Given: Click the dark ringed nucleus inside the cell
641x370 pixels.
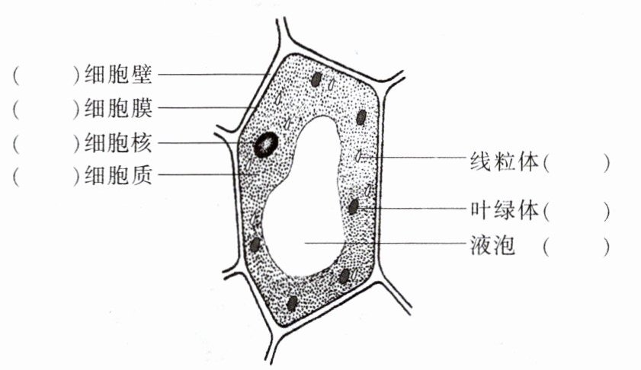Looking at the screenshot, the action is (265, 143).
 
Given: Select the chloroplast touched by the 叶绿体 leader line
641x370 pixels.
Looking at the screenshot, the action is (354, 206).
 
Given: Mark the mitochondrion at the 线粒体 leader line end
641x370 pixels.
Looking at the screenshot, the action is (360, 158).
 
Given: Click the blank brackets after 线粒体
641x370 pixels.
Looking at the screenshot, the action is (577, 161).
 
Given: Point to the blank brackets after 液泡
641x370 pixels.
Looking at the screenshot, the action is (577, 245).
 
